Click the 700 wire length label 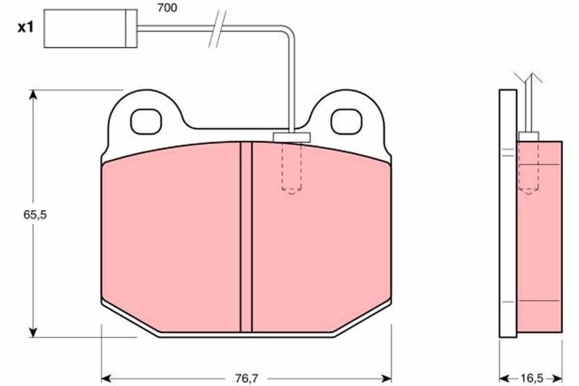pyautogui.click(x=167, y=8)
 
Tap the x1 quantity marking pyautogui.click(x=25, y=27)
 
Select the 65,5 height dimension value pyautogui.click(x=35, y=214)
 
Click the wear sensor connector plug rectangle pyautogui.click(x=90, y=28)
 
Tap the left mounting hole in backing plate pyautogui.click(x=146, y=121)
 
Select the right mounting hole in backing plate pyautogui.click(x=346, y=121)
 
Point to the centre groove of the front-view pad pyautogui.click(x=246, y=237)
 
